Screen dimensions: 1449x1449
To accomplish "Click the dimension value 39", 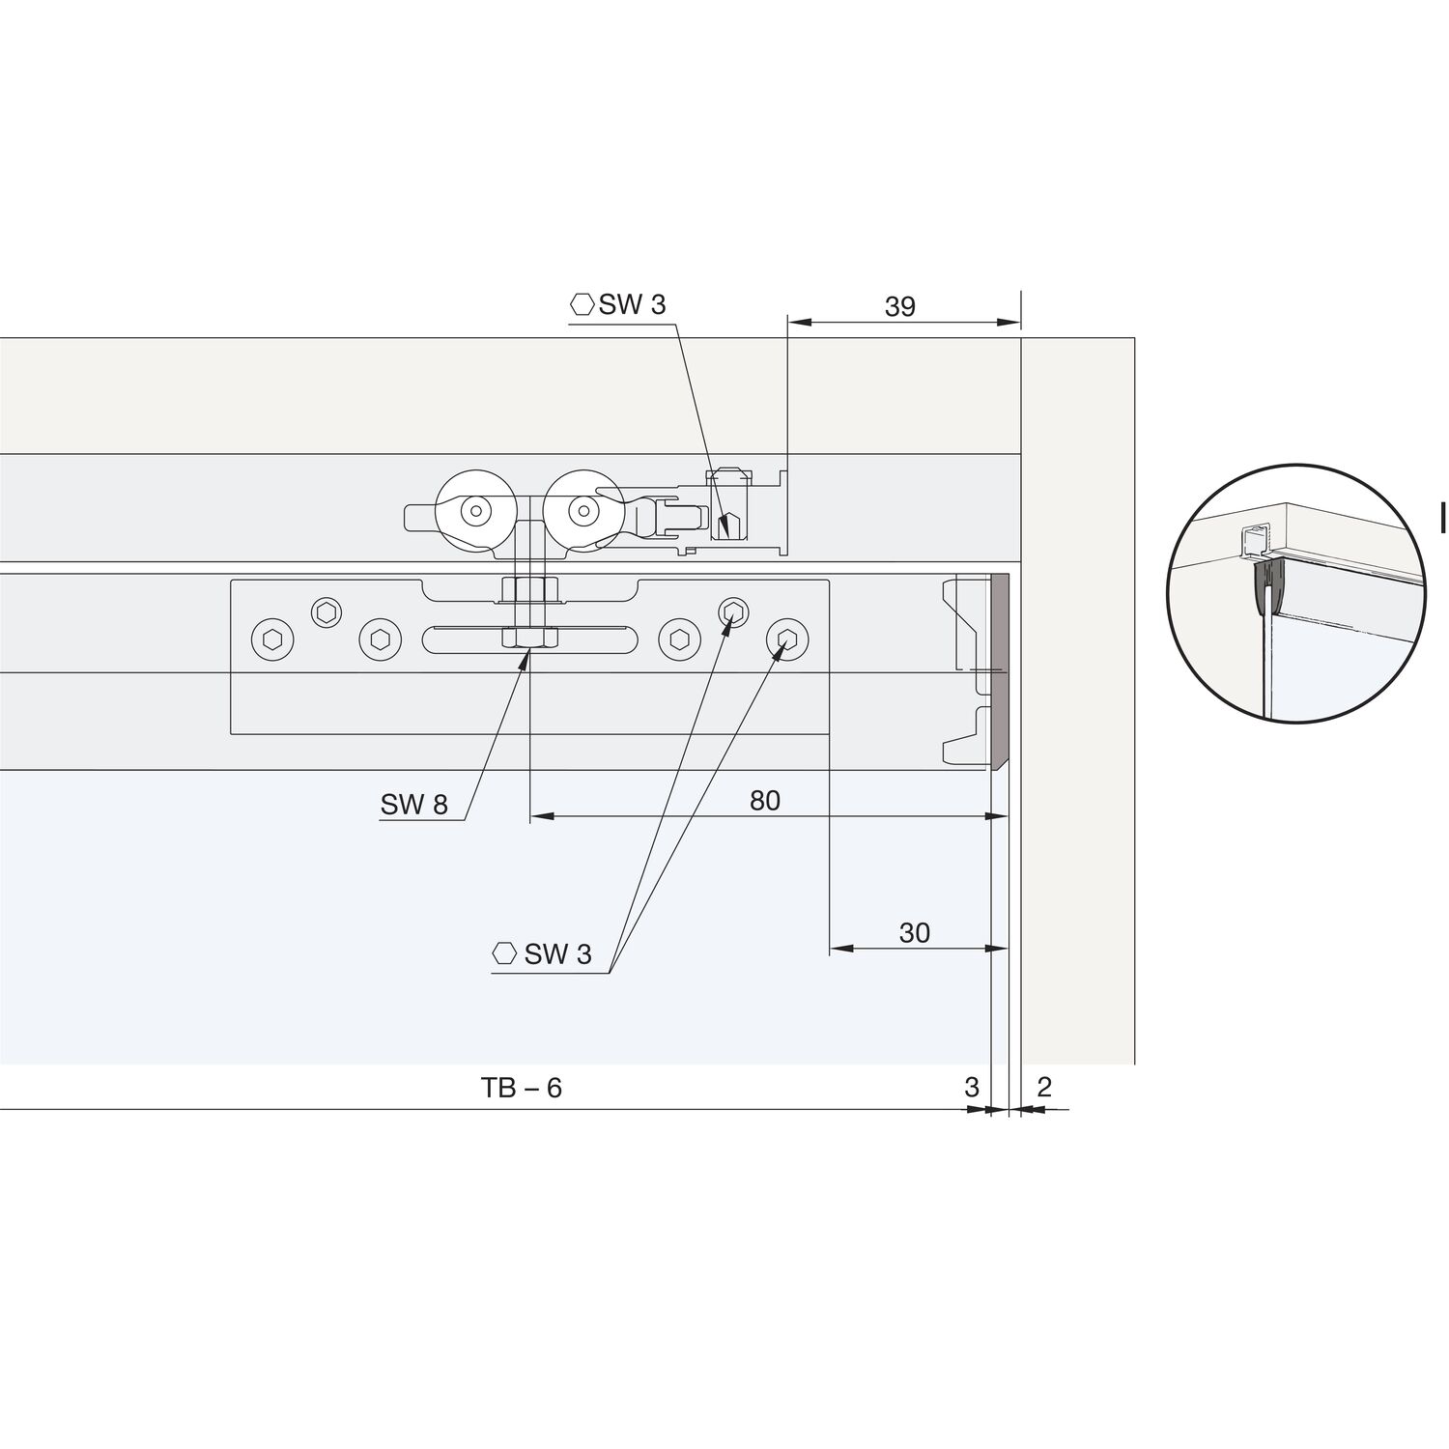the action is coord(899,306).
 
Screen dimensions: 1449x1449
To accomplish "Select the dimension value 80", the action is coord(764,801).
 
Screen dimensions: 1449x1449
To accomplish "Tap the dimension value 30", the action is coord(914,932).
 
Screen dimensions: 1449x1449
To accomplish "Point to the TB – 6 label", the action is coord(522,1088).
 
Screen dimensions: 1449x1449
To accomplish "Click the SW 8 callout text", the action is coord(414,805).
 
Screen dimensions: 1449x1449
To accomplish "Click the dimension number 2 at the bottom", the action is coord(1044,1087).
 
